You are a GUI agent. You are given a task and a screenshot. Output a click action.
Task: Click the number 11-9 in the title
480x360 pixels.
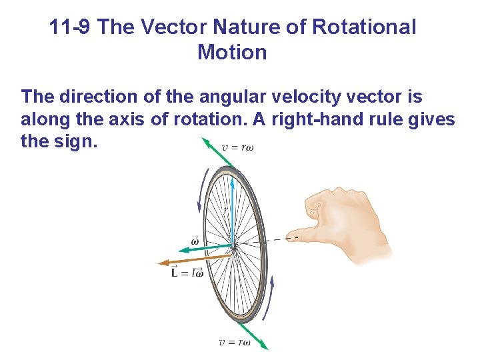[71, 27]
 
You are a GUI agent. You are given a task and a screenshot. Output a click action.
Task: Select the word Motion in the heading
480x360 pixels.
[232, 52]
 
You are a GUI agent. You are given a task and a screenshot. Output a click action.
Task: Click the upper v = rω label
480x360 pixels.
[237, 147]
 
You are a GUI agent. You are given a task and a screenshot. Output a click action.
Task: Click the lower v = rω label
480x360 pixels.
[235, 343]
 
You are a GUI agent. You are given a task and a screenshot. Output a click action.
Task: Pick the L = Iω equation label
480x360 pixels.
[187, 272]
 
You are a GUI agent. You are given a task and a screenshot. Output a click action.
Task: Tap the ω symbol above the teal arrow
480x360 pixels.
[195, 241]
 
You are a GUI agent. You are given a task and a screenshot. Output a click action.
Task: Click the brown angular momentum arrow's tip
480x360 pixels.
[159, 263]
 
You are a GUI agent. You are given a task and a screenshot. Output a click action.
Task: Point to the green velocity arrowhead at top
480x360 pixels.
[208, 143]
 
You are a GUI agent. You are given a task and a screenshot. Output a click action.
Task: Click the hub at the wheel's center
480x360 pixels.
[234, 247]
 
